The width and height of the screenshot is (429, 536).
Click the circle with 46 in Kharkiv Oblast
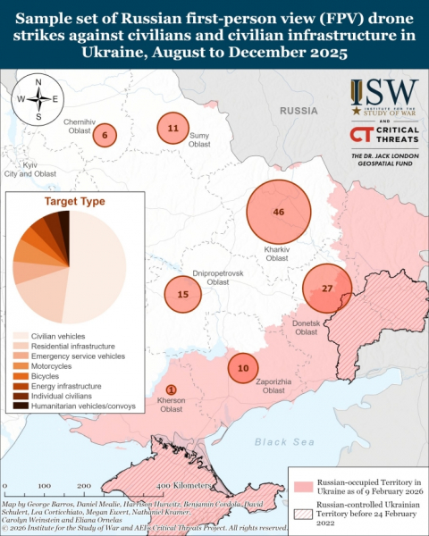tap(279, 212)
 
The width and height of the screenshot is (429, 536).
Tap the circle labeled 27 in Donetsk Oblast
tap(326, 289)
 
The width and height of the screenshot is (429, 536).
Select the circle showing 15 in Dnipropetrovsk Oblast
tap(182, 294)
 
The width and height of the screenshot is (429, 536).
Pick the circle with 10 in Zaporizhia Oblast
tap(243, 368)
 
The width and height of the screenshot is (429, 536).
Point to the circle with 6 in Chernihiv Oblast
tap(105, 136)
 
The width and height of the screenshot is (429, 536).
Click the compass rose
tap(38, 99)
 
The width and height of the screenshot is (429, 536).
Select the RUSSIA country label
tap(299, 110)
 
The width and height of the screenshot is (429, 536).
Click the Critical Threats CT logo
tap(361, 135)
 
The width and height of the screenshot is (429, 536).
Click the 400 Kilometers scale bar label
tap(185, 484)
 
